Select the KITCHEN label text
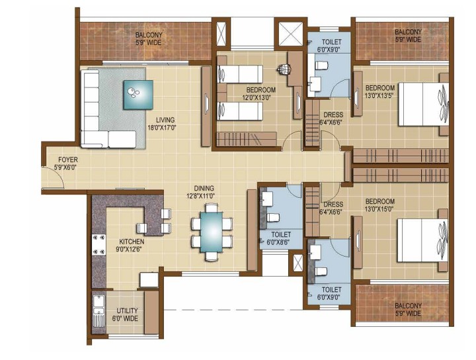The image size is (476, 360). pyautogui.click(x=132, y=242)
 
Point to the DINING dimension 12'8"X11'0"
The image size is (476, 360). pyautogui.click(x=200, y=196)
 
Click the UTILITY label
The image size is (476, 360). pyautogui.click(x=127, y=311)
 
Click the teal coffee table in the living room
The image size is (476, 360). pyautogui.click(x=138, y=95)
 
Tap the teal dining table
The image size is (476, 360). pyautogui.click(x=212, y=232)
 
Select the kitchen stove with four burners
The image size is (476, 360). pyautogui.click(x=99, y=244)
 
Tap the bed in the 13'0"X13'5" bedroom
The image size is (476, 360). pyautogui.click(x=423, y=104)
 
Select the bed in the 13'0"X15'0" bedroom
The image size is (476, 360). pyautogui.click(x=422, y=240)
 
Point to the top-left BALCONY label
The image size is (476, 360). pyautogui.click(x=149, y=38)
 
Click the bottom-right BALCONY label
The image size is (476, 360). pyautogui.click(x=408, y=310)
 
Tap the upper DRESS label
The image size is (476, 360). pyautogui.click(x=333, y=115)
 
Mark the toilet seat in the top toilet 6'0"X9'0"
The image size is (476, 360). pyautogui.click(x=322, y=65)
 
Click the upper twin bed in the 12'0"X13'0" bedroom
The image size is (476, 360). pyautogui.click(x=240, y=74)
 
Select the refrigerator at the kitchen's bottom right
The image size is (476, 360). pyautogui.click(x=149, y=280)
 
